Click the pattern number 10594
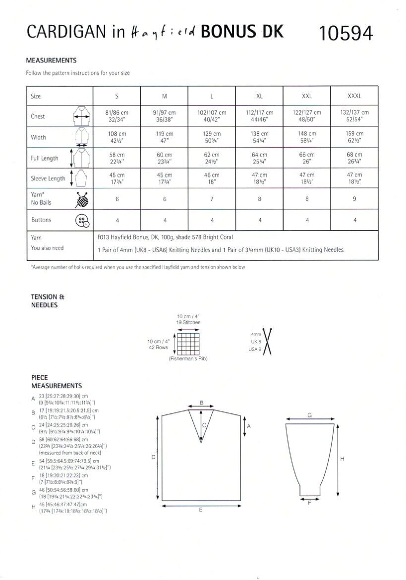tap(347, 33)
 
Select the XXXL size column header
tap(355, 96)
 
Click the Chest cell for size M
tap(164, 116)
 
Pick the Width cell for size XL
tap(259, 137)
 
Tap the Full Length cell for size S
tap(116, 158)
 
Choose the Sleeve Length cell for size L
tap(212, 178)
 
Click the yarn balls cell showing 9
tap(355, 199)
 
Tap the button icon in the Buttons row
tap(82, 221)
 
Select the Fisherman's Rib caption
tap(187, 358)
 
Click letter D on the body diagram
tap(153, 457)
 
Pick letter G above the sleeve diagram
tap(309, 415)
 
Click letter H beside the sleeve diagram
tap(342, 459)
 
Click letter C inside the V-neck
tap(203, 425)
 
